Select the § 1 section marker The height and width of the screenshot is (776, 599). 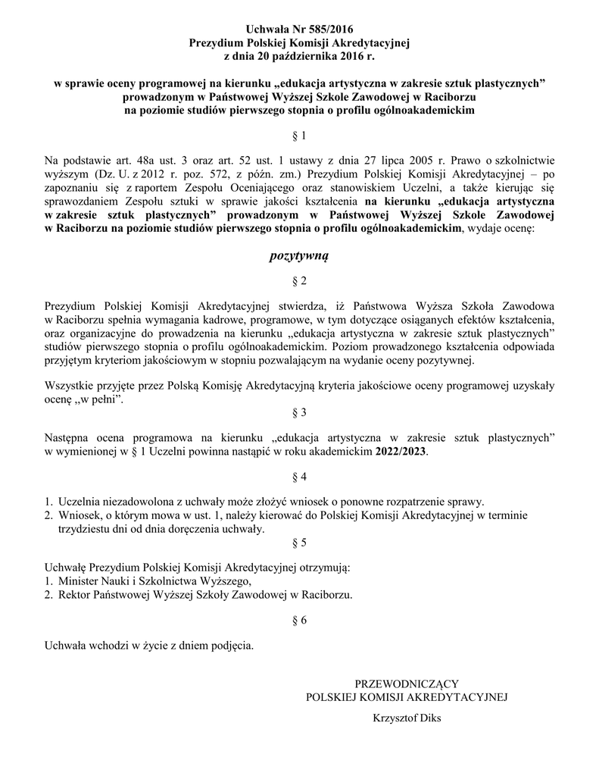(299, 136)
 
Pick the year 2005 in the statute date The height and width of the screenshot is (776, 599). (416, 161)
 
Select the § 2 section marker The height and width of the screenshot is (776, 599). (299, 281)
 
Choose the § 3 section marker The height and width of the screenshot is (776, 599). (299, 413)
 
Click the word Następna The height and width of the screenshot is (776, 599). (71, 437)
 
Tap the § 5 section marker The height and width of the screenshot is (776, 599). (299, 543)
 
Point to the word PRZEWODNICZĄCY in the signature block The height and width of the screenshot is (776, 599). (406, 684)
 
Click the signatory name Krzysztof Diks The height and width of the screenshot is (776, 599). (406, 718)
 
